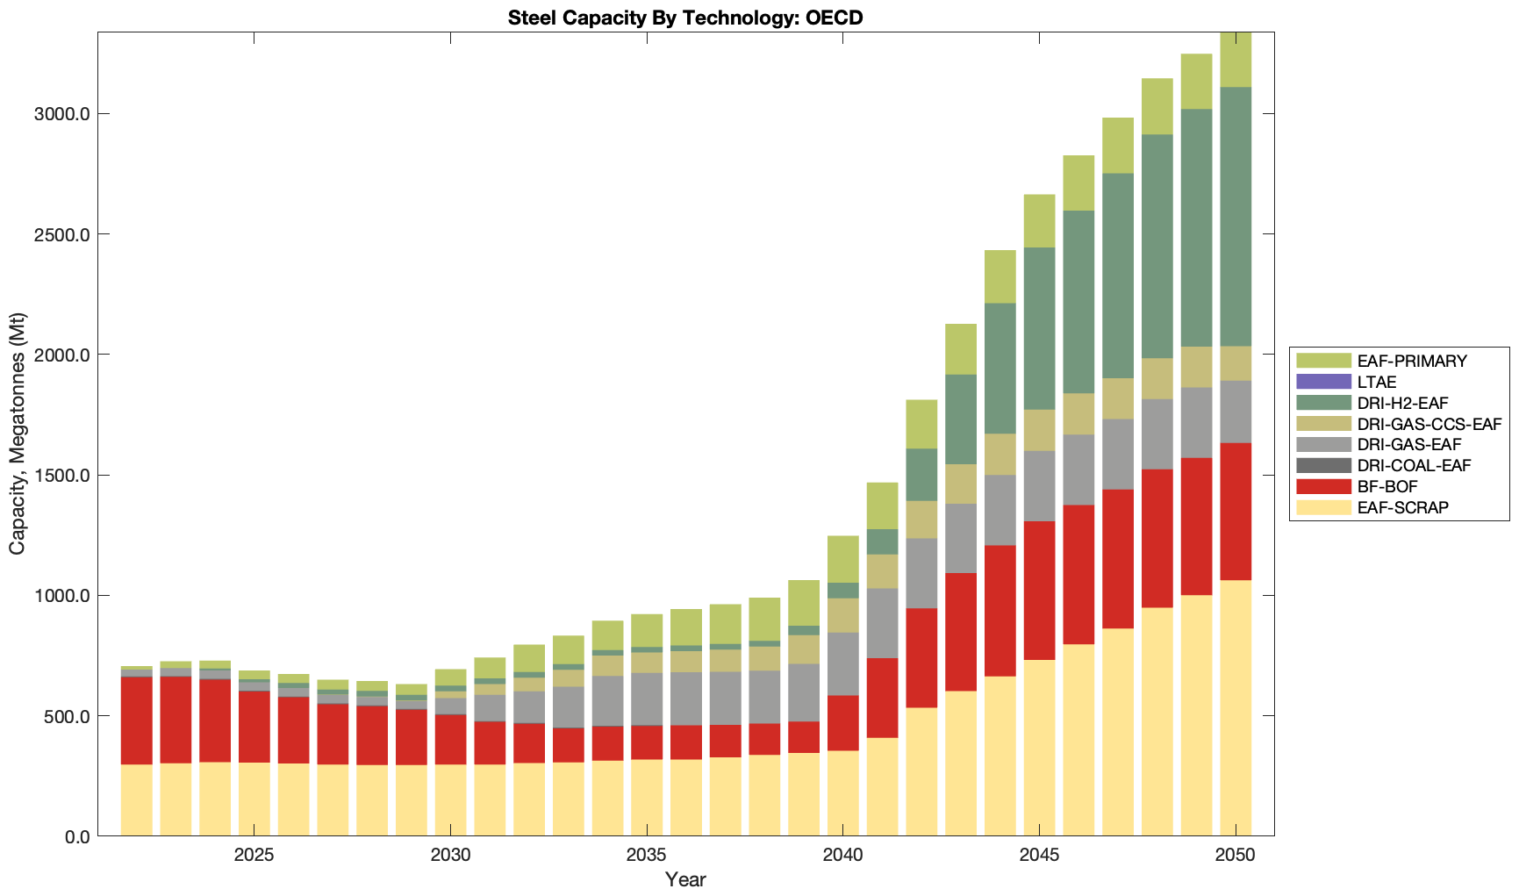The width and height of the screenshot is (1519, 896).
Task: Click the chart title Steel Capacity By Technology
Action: pyautogui.click(x=684, y=18)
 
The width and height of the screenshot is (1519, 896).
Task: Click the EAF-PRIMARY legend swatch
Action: pyautogui.click(x=1323, y=361)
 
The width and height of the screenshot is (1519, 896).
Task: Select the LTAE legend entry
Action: pyautogui.click(x=1376, y=382)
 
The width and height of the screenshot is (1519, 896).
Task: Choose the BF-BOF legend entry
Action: pyautogui.click(x=1386, y=487)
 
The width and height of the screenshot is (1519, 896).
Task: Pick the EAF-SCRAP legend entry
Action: pyautogui.click(x=1402, y=507)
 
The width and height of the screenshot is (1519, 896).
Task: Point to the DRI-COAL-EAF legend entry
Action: pyautogui.click(x=1413, y=466)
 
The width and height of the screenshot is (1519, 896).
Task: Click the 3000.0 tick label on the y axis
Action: pyautogui.click(x=65, y=114)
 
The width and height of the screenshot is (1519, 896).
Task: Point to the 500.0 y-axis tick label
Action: pyautogui.click(x=69, y=716)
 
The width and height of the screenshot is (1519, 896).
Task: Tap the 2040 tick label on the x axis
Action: pyautogui.click(x=842, y=856)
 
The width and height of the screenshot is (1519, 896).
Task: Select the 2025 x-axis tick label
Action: pyautogui.click(x=254, y=856)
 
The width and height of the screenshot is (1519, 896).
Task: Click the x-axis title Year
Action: pyautogui.click(x=684, y=879)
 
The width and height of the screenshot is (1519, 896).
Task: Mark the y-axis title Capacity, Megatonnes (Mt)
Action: pyautogui.click(x=18, y=434)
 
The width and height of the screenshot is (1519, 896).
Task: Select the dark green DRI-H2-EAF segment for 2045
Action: pyautogui.click(x=1040, y=328)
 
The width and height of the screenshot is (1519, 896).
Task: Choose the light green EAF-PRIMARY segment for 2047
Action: pyautogui.click(x=1118, y=145)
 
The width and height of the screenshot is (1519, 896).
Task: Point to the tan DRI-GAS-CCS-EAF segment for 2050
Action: pyautogui.click(x=1236, y=363)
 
